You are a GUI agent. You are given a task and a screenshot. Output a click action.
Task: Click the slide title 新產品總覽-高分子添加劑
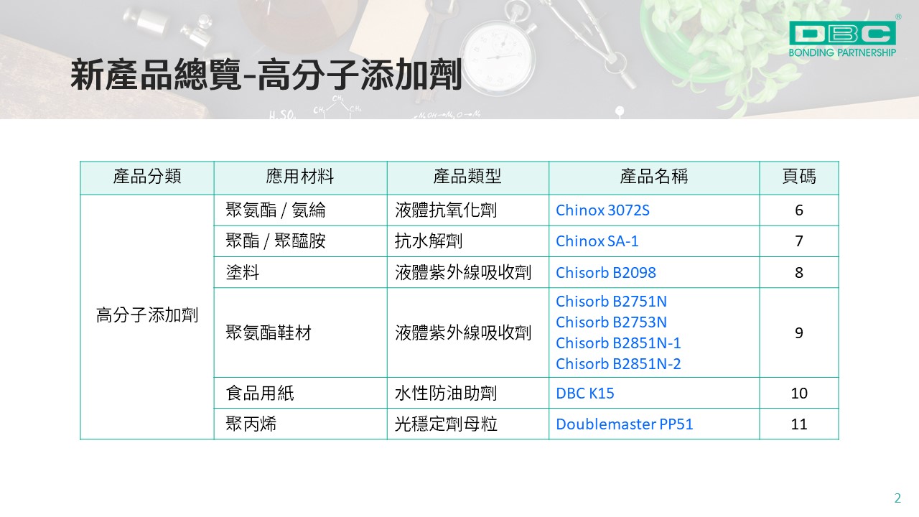(x=266, y=74)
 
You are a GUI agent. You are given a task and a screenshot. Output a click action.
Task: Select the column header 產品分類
(x=147, y=177)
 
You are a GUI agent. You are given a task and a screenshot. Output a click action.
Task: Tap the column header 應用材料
(x=299, y=177)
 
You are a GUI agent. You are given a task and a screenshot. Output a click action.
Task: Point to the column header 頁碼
(x=799, y=177)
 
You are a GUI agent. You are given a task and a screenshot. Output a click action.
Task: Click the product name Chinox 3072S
(x=602, y=210)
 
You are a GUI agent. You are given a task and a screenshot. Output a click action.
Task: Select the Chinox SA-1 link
(x=597, y=241)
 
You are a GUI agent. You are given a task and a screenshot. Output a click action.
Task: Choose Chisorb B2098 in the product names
(x=605, y=272)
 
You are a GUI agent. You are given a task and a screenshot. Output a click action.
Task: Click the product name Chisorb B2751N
(x=611, y=302)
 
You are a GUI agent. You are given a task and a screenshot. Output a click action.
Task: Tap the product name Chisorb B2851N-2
(x=618, y=364)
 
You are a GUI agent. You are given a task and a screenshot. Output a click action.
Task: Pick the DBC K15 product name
(x=584, y=393)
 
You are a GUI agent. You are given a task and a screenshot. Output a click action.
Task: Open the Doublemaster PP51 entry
(x=624, y=424)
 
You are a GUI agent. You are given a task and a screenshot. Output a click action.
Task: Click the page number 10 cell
(x=799, y=393)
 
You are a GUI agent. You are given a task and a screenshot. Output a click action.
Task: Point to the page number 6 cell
(x=799, y=210)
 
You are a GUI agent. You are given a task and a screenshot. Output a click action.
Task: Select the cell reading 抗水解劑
(x=429, y=241)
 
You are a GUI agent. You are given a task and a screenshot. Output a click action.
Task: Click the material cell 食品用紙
(x=260, y=393)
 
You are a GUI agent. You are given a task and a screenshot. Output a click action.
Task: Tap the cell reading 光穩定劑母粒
(x=446, y=424)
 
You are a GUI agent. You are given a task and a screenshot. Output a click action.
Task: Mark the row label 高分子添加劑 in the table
(x=147, y=315)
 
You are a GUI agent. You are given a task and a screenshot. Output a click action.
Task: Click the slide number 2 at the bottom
(x=897, y=498)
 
